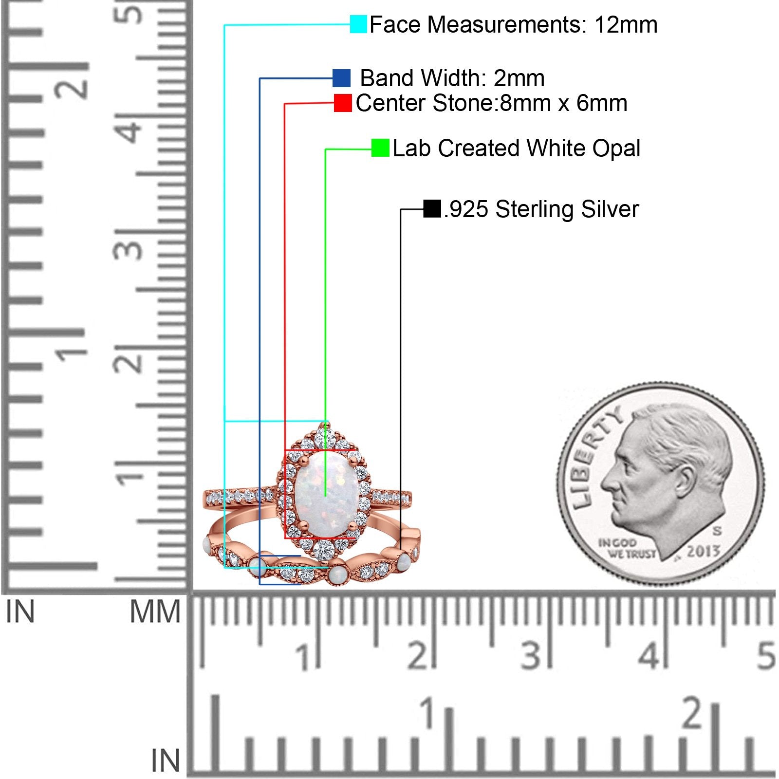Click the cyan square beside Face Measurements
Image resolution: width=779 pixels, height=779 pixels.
pos(358,24)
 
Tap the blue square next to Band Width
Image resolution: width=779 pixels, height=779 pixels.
pos(341,78)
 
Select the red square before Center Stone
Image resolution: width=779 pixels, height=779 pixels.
pos(343,103)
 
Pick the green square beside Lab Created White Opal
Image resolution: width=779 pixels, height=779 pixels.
pos(380,148)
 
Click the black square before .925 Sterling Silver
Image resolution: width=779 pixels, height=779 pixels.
pos(432,209)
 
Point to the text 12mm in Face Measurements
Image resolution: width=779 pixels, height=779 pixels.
pos(626,24)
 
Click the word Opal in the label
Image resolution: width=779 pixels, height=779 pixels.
pos(616,148)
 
